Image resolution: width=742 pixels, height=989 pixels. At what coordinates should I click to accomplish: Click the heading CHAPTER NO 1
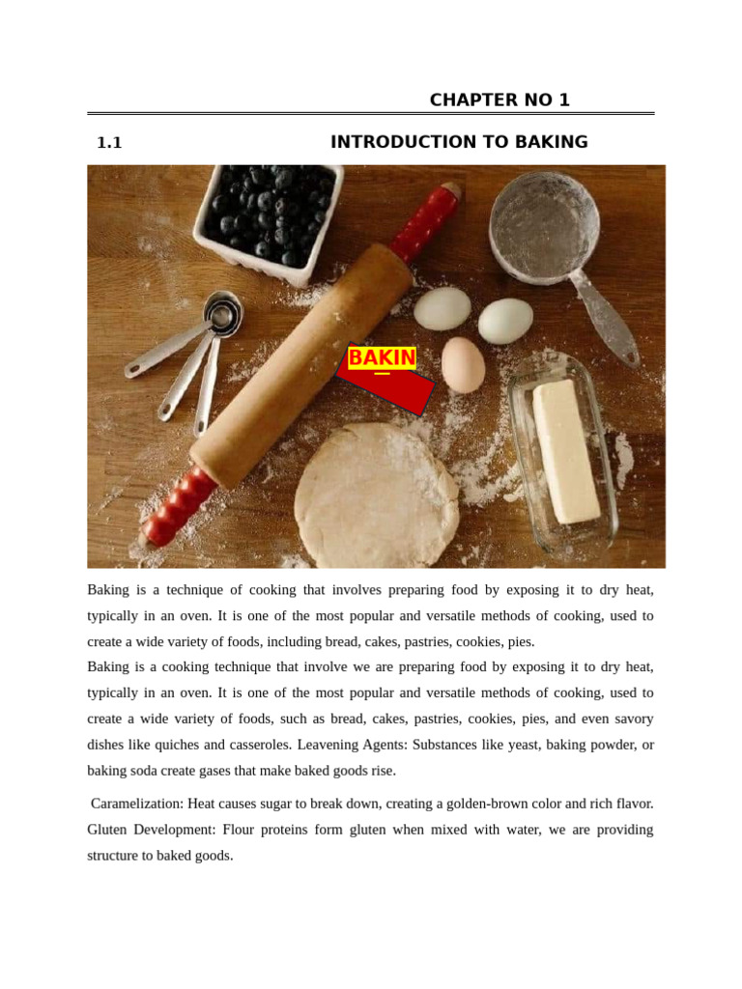[x=499, y=100]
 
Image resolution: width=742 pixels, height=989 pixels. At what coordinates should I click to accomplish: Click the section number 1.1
[x=109, y=143]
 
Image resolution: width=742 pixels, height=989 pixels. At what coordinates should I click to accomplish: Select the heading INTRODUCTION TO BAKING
[x=459, y=143]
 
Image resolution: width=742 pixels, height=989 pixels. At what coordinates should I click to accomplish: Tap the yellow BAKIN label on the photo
[x=382, y=358]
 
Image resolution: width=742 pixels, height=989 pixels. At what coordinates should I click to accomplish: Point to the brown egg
[x=463, y=364]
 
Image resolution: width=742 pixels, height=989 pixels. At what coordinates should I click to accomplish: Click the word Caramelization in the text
[x=137, y=804]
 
